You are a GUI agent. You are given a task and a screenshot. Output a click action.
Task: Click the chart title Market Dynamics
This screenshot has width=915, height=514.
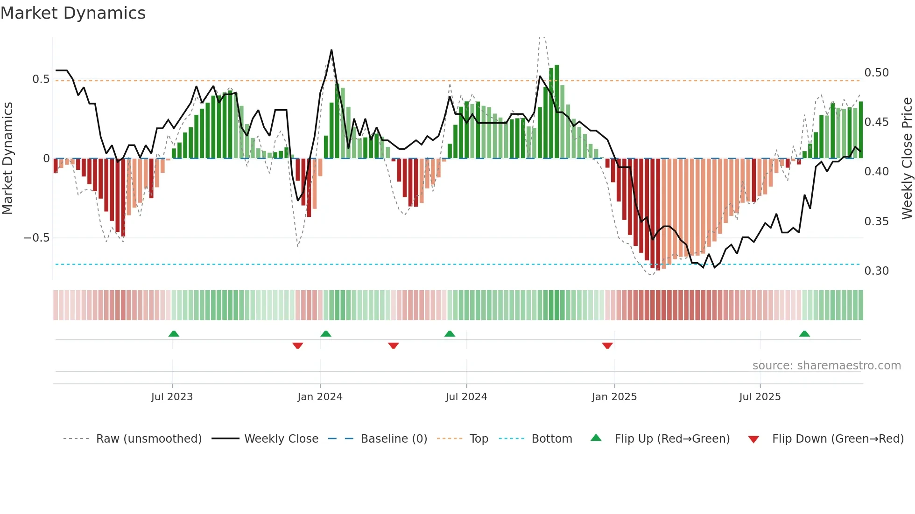73,13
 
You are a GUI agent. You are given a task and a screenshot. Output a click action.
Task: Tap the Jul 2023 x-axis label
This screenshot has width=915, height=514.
172,397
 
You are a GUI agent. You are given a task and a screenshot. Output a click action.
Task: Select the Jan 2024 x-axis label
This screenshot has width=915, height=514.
320,397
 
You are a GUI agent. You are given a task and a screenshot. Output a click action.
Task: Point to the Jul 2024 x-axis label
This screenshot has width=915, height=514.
466,397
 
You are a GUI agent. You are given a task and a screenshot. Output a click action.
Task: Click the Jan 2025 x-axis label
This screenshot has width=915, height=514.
614,397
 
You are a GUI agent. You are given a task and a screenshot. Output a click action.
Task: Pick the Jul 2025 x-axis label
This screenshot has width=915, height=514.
760,397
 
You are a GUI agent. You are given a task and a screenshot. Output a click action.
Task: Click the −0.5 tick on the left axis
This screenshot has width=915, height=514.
36,238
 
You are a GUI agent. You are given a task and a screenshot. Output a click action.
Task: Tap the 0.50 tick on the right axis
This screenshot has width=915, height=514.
876,73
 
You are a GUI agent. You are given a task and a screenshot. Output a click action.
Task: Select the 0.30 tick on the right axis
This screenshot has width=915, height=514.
876,271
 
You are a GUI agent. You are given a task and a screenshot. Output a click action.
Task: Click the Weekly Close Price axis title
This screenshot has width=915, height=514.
907,159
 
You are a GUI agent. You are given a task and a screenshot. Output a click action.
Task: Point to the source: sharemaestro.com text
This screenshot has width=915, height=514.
826,366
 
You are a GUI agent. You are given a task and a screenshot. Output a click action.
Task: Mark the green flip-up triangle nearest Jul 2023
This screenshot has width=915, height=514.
174,333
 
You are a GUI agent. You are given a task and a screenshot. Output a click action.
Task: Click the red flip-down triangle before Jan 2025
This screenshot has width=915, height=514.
607,346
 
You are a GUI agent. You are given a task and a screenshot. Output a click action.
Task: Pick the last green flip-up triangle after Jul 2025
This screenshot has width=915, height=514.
804,333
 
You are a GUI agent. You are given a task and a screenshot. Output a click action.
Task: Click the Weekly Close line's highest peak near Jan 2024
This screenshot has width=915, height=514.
331,50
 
